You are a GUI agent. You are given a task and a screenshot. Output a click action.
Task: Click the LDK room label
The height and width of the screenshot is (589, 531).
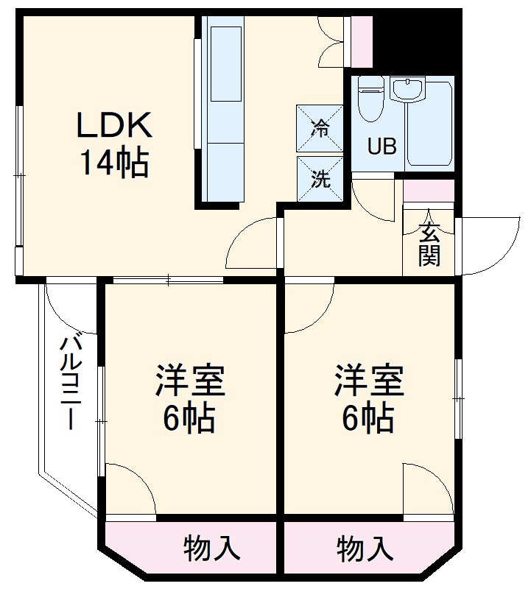coord(114,124)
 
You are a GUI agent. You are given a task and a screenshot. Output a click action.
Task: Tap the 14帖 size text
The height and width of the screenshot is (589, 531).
coord(114,163)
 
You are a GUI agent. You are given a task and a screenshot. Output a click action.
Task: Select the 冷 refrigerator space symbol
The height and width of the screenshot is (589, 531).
coord(320,128)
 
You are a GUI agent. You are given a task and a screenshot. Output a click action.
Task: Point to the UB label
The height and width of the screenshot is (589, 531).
coord(381,146)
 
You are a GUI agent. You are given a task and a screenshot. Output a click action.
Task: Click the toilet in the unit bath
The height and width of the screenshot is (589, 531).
coord(370,99)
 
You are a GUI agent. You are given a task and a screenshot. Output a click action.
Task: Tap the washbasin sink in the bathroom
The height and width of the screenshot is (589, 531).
coord(407,89)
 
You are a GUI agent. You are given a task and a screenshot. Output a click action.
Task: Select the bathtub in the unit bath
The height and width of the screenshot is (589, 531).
coord(429,123)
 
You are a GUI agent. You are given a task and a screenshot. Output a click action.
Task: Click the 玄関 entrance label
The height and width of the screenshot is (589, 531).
coord(429,244)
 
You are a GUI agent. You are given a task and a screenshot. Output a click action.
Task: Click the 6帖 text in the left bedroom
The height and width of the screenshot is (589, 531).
coord(189,418)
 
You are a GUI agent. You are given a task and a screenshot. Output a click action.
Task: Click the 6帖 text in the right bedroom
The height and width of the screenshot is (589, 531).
coord(368,418)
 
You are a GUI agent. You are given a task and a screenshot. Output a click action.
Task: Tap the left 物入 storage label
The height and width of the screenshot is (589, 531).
coord(211,549)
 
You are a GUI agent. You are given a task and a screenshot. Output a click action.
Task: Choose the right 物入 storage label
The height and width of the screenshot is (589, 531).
coord(365,549)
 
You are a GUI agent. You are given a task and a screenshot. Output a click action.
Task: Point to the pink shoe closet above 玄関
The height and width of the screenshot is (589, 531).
coord(429,191)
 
